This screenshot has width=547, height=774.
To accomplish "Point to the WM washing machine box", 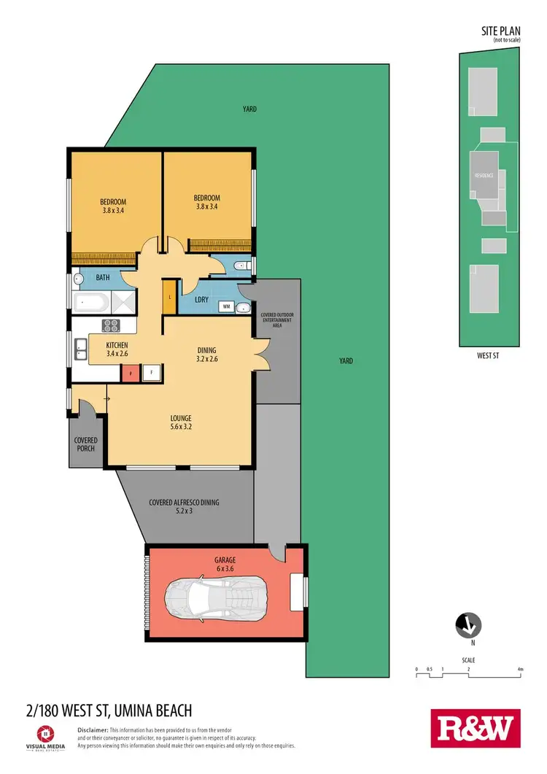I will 227,306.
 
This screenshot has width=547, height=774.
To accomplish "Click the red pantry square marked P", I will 131,372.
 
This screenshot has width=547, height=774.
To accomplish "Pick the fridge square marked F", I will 152,372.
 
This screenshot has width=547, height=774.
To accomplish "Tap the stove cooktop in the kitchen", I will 112,326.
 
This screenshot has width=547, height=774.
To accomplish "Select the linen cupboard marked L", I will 170,298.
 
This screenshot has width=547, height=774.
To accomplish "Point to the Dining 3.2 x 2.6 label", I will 206,355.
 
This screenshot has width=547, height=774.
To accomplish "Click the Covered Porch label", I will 86,444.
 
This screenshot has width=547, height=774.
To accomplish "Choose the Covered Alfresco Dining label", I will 184,506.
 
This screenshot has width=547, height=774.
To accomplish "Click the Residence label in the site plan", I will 484,176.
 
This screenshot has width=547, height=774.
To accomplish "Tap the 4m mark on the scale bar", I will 520,668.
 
